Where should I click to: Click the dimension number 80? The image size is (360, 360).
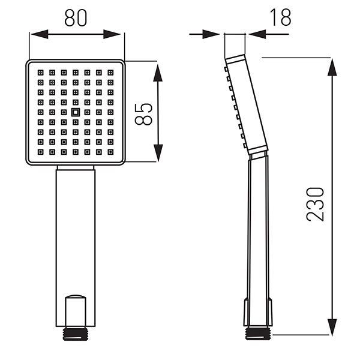76,18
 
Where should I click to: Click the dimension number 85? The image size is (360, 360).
143,114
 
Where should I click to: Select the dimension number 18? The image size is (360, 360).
280,17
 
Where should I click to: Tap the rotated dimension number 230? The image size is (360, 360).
315,205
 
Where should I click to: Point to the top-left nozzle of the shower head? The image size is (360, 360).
41,73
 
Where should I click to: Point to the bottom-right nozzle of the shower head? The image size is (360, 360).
110,152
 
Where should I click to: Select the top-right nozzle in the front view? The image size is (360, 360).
110,73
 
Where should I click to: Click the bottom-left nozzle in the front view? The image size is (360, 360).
41,152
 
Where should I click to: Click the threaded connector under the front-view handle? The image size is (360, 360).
76,334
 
